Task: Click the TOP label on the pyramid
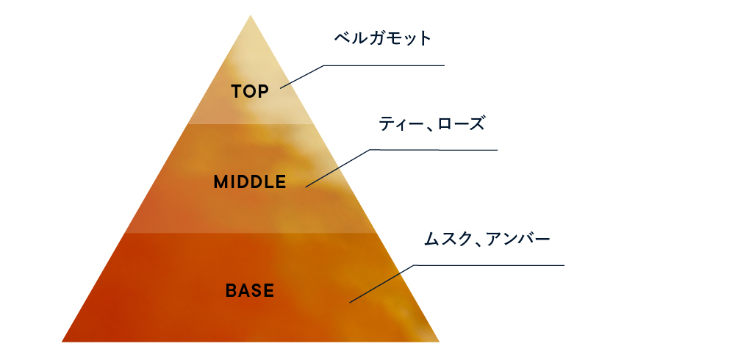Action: tap(250, 92)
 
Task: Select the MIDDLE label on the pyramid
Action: tap(249, 182)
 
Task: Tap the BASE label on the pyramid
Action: tap(249, 291)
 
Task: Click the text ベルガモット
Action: tap(382, 39)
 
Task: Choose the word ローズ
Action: tap(462, 124)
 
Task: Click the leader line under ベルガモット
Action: tap(384, 65)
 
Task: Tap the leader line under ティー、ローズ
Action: tap(434, 151)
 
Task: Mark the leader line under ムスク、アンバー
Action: tap(489, 265)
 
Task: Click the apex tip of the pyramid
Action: tap(251, 14)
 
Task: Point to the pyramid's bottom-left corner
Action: tap(62, 342)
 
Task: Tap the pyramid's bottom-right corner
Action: tap(439, 342)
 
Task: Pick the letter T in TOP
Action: tap(236, 92)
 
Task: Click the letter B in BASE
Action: tap(230, 291)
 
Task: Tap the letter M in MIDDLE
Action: tap(220, 182)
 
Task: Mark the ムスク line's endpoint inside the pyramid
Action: tap(350, 301)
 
